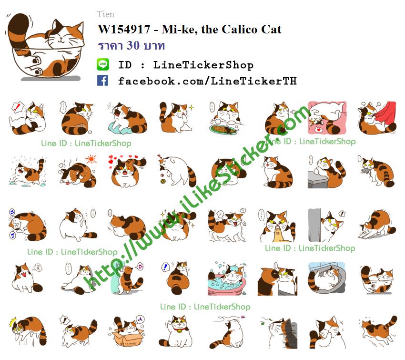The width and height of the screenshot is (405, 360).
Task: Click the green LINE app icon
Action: pos(103,64)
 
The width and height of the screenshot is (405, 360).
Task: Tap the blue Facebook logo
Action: pos(102,81)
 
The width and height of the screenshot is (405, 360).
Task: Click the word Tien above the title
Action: pos(106,14)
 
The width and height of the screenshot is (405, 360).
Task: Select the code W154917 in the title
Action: pos(124,29)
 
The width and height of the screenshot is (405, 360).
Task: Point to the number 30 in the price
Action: pos(133,45)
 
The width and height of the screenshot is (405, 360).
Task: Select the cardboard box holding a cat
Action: pos(127,337)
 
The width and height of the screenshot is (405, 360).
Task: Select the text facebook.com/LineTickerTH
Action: pos(207,81)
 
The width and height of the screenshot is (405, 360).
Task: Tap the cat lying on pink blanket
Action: pos(327,118)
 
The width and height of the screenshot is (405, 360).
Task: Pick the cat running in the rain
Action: pos(28,172)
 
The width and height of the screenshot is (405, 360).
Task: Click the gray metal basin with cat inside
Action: pos(327,278)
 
